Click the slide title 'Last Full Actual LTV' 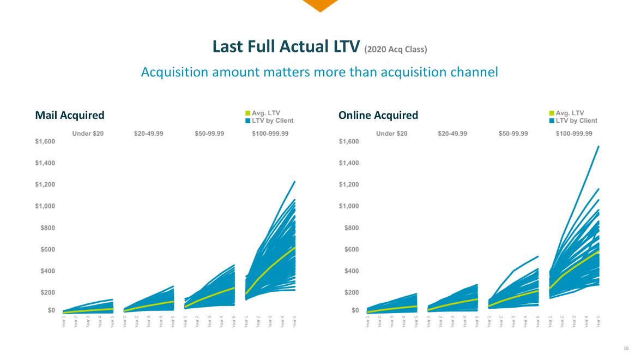click(x=286, y=47)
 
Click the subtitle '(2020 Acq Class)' click(x=396, y=50)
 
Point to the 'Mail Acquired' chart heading click(x=70, y=115)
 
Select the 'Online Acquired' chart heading click(x=378, y=115)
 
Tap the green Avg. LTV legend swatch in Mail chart click(x=247, y=113)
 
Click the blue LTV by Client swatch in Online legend click(x=552, y=121)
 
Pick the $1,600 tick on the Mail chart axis click(x=45, y=142)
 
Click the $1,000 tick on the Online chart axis click(x=349, y=206)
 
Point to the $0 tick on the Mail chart click(x=51, y=310)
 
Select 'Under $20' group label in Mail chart click(x=88, y=134)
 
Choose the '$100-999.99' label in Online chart click(x=574, y=134)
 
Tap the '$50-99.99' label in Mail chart click(x=209, y=134)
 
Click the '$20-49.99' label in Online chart click(x=452, y=134)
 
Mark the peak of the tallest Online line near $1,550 click(x=598, y=146)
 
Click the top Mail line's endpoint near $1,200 click(x=294, y=182)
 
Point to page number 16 click(x=626, y=348)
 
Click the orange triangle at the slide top click(x=320, y=5)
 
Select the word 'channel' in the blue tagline click(x=470, y=71)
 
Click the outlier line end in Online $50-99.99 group click(x=538, y=256)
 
